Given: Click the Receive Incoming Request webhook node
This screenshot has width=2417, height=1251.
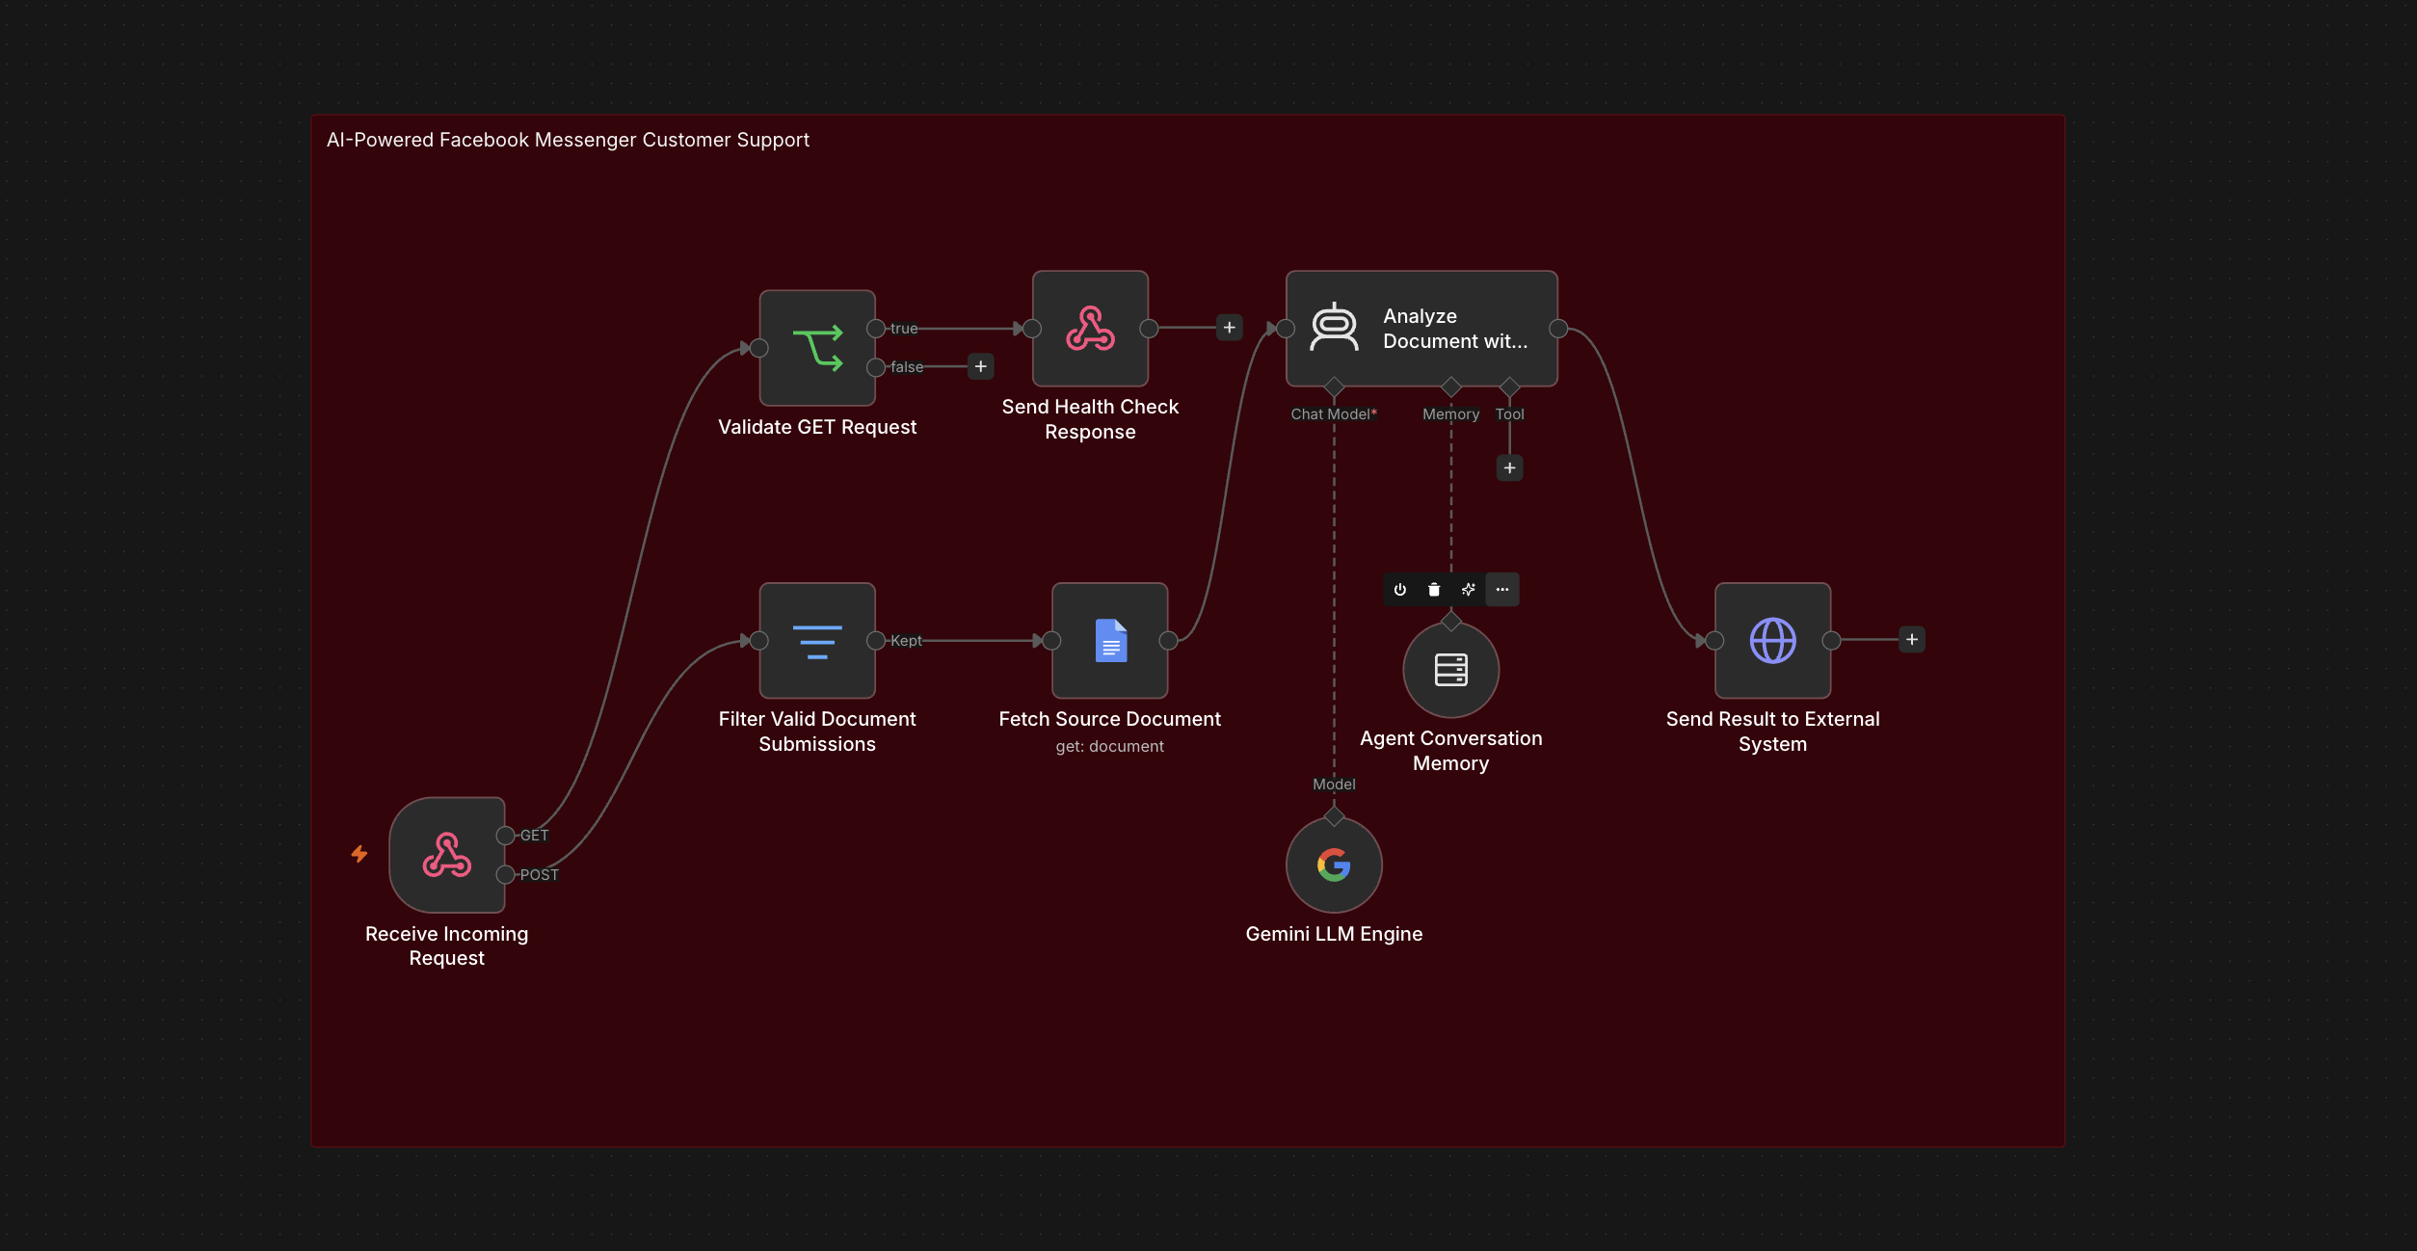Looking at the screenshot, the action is tap(447, 855).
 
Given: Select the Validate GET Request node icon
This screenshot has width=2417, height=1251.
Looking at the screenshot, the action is tap(817, 348).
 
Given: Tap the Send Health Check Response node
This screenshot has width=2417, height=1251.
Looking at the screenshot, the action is tap(1090, 329).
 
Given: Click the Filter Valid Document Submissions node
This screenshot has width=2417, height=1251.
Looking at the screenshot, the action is tap(817, 641).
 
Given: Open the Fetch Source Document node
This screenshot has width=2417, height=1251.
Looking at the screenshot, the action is tap(1110, 641).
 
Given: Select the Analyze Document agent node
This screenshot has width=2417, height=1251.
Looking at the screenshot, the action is tap(1421, 329).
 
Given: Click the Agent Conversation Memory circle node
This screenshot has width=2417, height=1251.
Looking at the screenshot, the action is tap(1451, 670).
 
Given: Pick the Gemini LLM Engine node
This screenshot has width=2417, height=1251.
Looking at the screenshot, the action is tap(1334, 865).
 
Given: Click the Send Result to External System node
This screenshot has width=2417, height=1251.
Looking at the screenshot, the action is tap(1773, 641).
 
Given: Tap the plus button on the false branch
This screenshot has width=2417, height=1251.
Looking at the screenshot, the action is tap(981, 366).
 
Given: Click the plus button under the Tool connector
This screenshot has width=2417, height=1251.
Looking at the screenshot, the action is tap(1510, 468).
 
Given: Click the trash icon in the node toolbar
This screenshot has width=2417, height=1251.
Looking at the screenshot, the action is tap(1434, 590).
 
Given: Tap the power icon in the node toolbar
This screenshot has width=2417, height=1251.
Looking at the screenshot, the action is tap(1400, 590).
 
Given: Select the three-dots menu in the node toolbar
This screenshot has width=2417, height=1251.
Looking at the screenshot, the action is tap(1502, 590).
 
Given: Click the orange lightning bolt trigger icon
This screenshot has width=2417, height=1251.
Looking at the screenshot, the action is tap(359, 854).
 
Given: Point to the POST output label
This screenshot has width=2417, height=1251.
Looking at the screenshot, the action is tap(540, 875).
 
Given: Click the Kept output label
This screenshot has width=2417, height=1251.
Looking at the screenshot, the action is tap(906, 641).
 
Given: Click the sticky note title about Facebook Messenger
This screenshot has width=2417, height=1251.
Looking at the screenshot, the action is tap(568, 140).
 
